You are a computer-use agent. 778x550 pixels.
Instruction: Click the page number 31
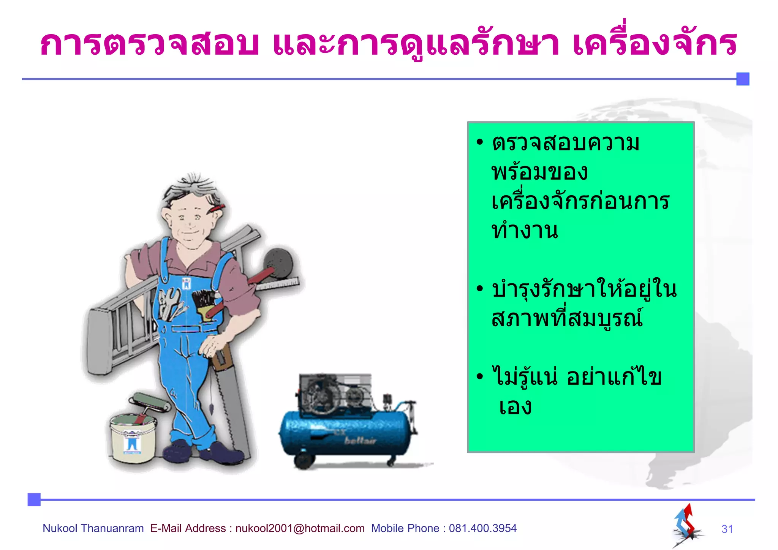point(727,529)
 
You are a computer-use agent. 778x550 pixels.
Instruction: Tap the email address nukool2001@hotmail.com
point(300,528)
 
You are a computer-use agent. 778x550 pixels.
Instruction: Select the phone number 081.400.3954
point(482,528)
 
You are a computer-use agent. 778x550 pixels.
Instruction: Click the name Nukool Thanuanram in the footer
point(93,528)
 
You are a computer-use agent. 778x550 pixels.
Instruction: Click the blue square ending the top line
point(743,79)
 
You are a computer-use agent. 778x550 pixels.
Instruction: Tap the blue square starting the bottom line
point(34,499)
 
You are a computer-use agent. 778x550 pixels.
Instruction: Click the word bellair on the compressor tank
point(360,441)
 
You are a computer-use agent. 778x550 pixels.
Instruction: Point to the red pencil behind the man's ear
point(217,208)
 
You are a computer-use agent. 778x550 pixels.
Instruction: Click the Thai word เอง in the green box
point(515,407)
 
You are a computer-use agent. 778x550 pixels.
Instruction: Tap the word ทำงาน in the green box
point(525,231)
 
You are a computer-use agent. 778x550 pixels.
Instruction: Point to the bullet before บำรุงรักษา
point(480,289)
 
